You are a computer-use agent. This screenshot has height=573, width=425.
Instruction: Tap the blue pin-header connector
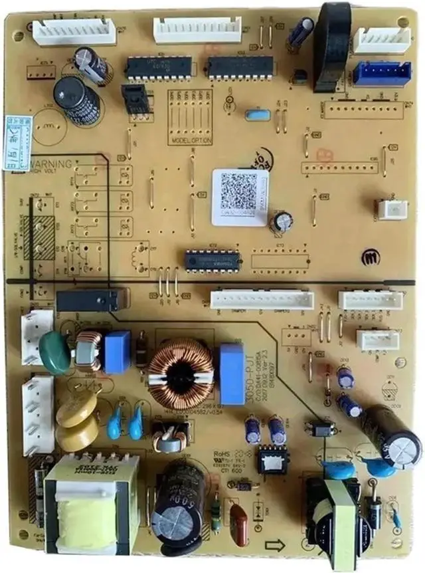click(381, 73)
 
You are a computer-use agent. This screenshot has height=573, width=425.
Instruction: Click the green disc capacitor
click(55, 352)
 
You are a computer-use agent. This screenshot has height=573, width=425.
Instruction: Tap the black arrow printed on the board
click(274, 545)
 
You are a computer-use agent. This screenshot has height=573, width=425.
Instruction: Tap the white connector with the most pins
click(262, 299)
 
